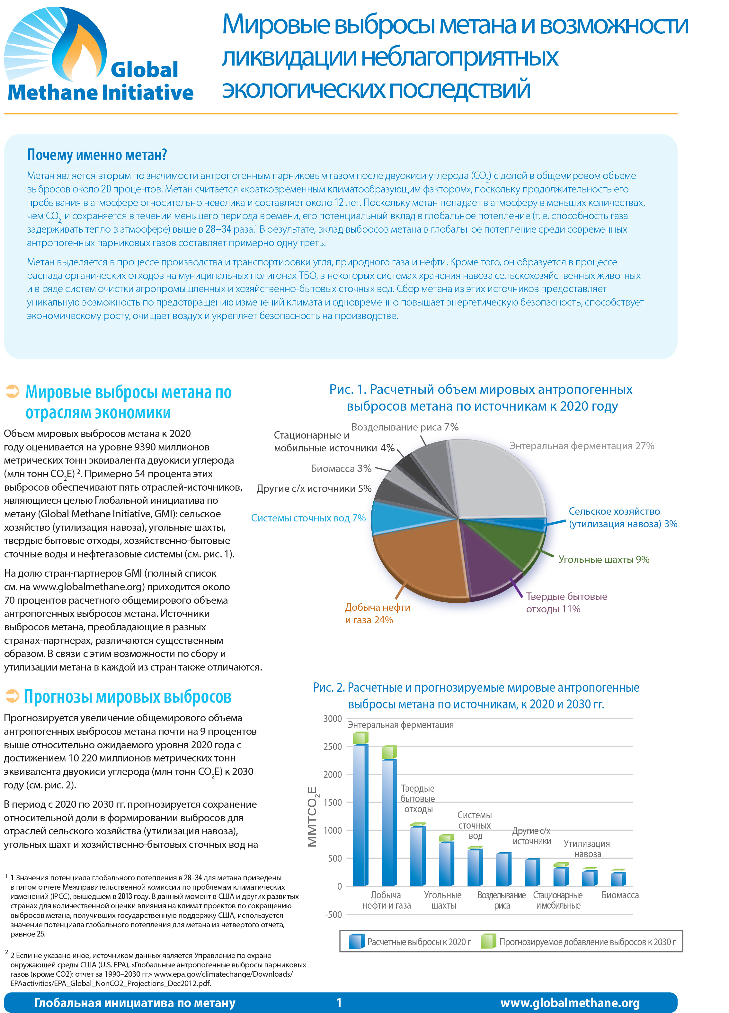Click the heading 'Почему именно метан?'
(x=97, y=155)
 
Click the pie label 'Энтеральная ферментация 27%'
(x=582, y=446)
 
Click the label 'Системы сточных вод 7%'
(x=308, y=518)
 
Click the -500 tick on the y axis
(x=333, y=914)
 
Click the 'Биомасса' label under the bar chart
(x=620, y=895)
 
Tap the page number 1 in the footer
(x=339, y=1003)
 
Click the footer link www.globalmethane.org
(x=570, y=1003)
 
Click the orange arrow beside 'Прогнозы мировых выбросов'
(x=12, y=696)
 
